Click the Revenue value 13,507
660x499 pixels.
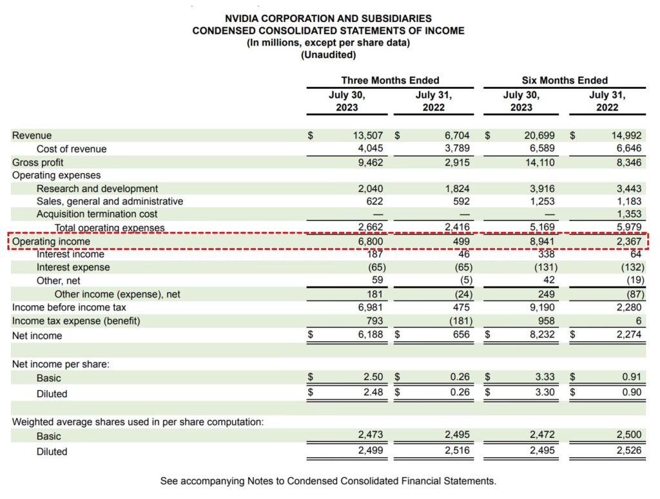[369, 136]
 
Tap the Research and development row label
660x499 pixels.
[97, 189]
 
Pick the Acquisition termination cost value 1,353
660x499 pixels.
[628, 214]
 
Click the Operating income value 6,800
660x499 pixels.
[370, 241]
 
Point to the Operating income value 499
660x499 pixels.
[460, 241]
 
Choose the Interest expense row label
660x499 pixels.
[73, 267]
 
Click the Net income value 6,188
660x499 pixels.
[369, 335]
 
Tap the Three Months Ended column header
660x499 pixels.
[390, 80]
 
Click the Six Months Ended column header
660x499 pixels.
[565, 80]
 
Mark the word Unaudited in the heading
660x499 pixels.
[328, 55]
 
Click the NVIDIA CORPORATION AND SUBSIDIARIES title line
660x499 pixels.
[328, 19]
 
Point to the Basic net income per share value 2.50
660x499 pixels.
[373, 377]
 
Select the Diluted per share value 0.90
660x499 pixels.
[632, 393]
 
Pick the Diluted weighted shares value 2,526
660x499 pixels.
[628, 451]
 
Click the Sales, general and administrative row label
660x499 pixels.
[110, 202]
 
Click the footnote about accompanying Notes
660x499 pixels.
[328, 481]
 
